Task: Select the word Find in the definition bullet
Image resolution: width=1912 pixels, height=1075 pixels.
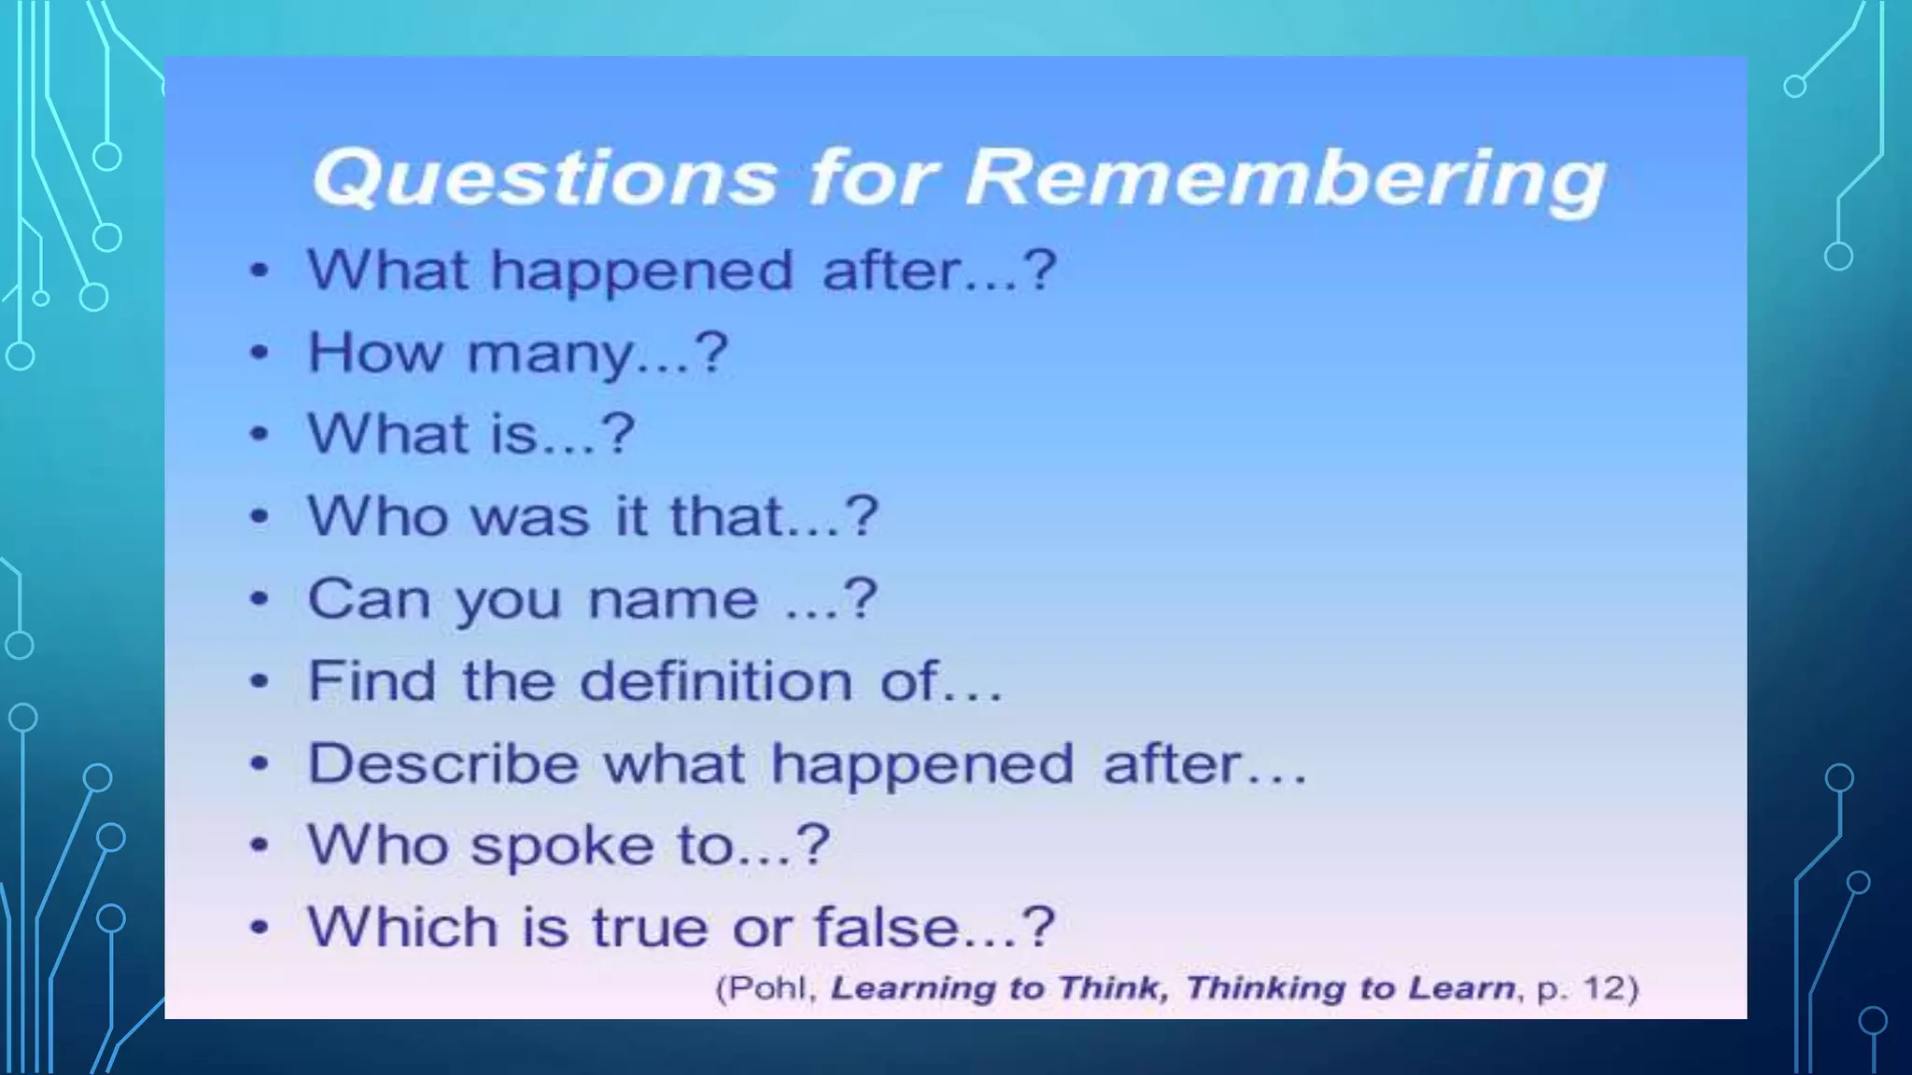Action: (x=372, y=680)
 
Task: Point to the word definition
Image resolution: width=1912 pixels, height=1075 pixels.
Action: (x=716, y=680)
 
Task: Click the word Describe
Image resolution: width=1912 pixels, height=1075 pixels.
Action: (x=443, y=763)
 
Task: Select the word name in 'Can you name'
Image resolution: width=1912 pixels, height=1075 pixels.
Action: (x=672, y=599)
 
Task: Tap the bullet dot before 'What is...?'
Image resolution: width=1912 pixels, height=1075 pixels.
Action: (x=260, y=435)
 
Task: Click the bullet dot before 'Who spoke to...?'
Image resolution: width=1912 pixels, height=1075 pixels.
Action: (x=260, y=845)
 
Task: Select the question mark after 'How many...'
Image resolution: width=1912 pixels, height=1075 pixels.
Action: (x=711, y=352)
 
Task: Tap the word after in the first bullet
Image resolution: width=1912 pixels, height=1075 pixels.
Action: (x=891, y=271)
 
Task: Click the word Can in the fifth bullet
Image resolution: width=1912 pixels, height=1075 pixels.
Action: (x=368, y=599)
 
